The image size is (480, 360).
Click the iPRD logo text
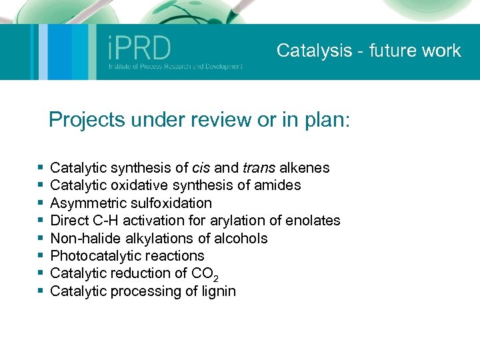click(x=139, y=48)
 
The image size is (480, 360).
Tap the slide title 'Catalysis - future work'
click(x=369, y=51)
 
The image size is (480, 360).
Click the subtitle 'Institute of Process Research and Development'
click(x=175, y=67)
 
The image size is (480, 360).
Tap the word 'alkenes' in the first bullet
click(x=304, y=167)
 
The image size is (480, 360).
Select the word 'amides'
click(x=279, y=185)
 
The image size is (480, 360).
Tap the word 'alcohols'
click(x=241, y=238)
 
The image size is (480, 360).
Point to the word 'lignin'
click(x=218, y=291)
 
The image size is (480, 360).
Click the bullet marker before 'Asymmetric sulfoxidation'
click(x=41, y=203)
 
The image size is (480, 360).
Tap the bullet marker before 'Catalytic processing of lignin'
click(x=41, y=291)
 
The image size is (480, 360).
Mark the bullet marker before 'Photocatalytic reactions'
click(x=41, y=256)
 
